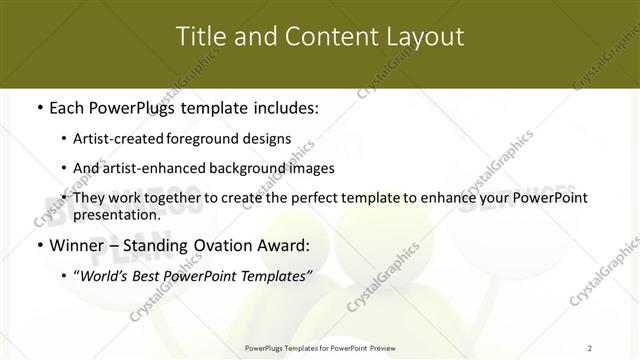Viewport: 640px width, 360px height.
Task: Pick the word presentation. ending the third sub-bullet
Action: [117, 214]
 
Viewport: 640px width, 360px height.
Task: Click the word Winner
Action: [78, 245]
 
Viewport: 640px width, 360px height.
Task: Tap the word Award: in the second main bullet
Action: [282, 245]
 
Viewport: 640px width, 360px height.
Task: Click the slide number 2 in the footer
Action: [590, 348]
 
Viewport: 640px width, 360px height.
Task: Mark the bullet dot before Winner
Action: [38, 245]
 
